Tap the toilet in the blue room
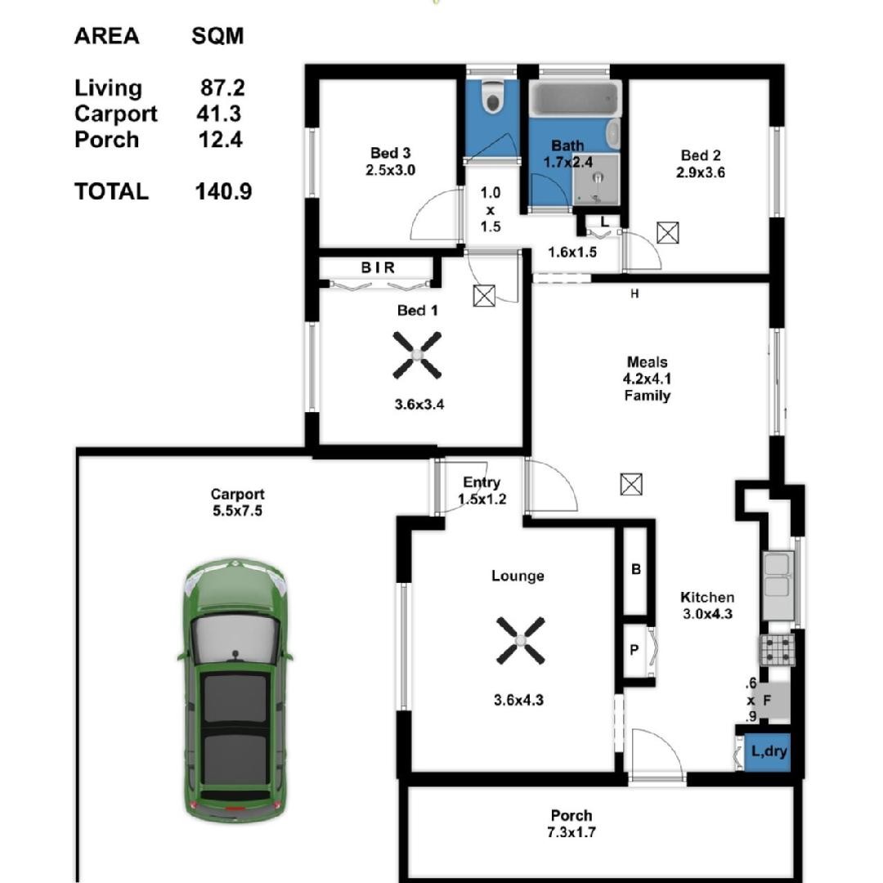(x=493, y=96)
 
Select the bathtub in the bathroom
(x=575, y=99)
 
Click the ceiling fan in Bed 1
(x=417, y=355)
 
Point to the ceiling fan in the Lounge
(x=520, y=640)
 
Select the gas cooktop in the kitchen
(x=778, y=650)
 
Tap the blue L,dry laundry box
(x=767, y=752)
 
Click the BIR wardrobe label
(x=378, y=267)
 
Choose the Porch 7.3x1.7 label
(x=571, y=823)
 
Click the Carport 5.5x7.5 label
(x=236, y=502)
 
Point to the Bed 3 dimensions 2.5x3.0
(x=390, y=170)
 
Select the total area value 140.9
(x=223, y=191)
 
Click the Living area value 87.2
(x=222, y=87)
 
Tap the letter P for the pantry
(x=634, y=650)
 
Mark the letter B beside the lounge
(x=636, y=569)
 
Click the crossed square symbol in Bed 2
(x=668, y=232)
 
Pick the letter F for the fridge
(x=766, y=701)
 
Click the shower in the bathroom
(x=596, y=179)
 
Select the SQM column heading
(x=217, y=36)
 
